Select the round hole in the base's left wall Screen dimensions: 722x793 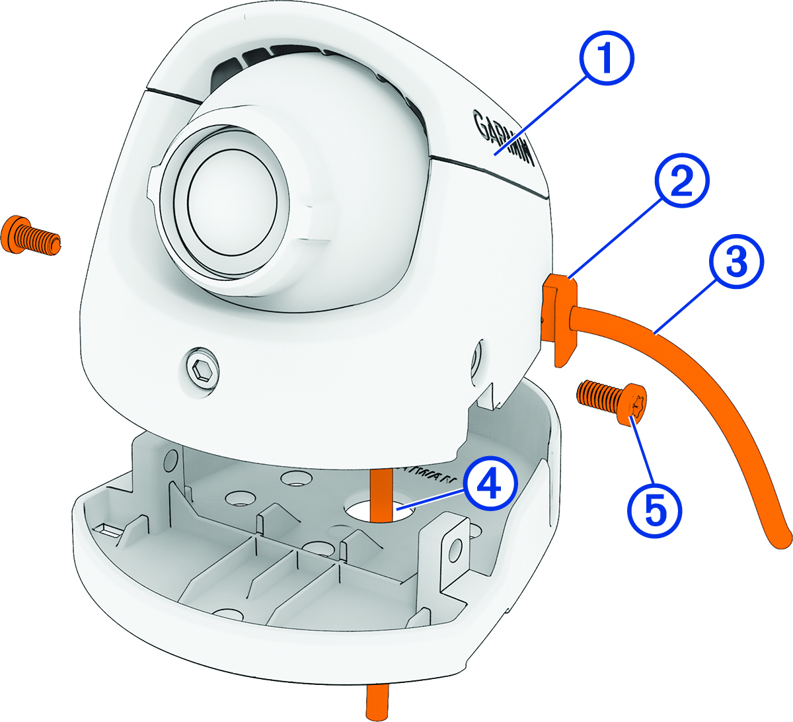[x=170, y=458]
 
